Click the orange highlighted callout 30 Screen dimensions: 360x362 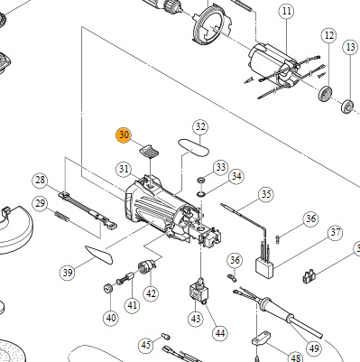[x=124, y=135]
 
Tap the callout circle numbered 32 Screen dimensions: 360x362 [x=200, y=127]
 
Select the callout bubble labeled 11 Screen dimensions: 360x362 [x=287, y=12]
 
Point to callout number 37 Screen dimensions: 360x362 [x=335, y=233]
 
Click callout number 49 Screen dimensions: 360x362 [x=314, y=348]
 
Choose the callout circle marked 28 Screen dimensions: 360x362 [x=41, y=181]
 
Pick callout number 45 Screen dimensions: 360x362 [x=146, y=345]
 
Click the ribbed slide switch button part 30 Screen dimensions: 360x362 [x=149, y=151]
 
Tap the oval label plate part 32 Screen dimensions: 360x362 [x=193, y=147]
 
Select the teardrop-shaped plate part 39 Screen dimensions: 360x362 [x=99, y=255]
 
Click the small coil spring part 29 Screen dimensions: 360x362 [x=62, y=218]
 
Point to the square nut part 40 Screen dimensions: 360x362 [x=108, y=288]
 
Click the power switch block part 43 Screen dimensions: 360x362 [x=198, y=291]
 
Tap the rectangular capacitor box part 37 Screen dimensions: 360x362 [x=264, y=267]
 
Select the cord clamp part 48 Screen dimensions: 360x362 [x=261, y=338]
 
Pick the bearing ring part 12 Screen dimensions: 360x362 [x=326, y=94]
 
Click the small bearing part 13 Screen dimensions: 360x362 [x=347, y=106]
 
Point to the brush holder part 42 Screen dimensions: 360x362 [x=147, y=267]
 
